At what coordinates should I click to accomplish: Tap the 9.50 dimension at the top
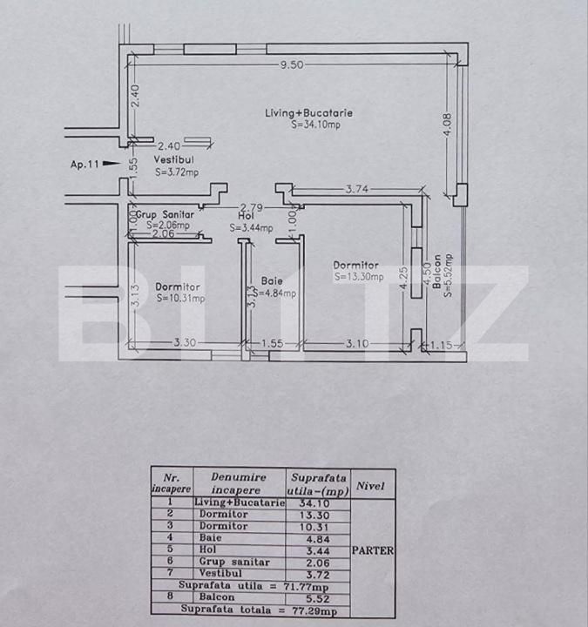tap(291, 64)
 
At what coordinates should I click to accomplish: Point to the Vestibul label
tap(173, 161)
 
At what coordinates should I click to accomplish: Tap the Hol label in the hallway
tap(245, 215)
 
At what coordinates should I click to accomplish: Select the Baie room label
tap(272, 281)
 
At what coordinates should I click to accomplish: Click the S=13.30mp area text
tap(355, 277)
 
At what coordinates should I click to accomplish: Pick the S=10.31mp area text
tap(180, 298)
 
